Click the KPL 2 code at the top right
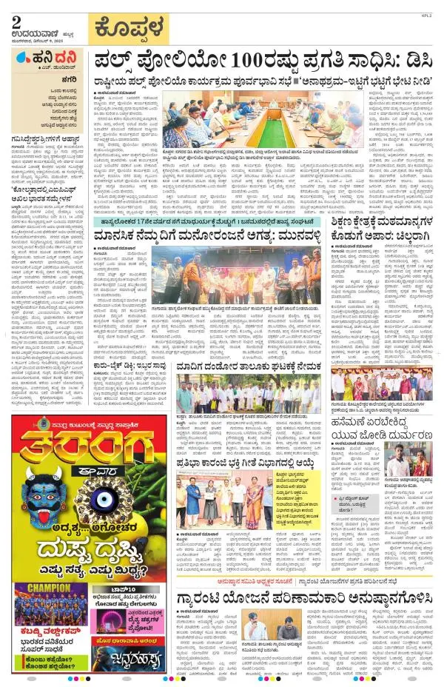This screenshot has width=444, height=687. (x=431, y=13)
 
